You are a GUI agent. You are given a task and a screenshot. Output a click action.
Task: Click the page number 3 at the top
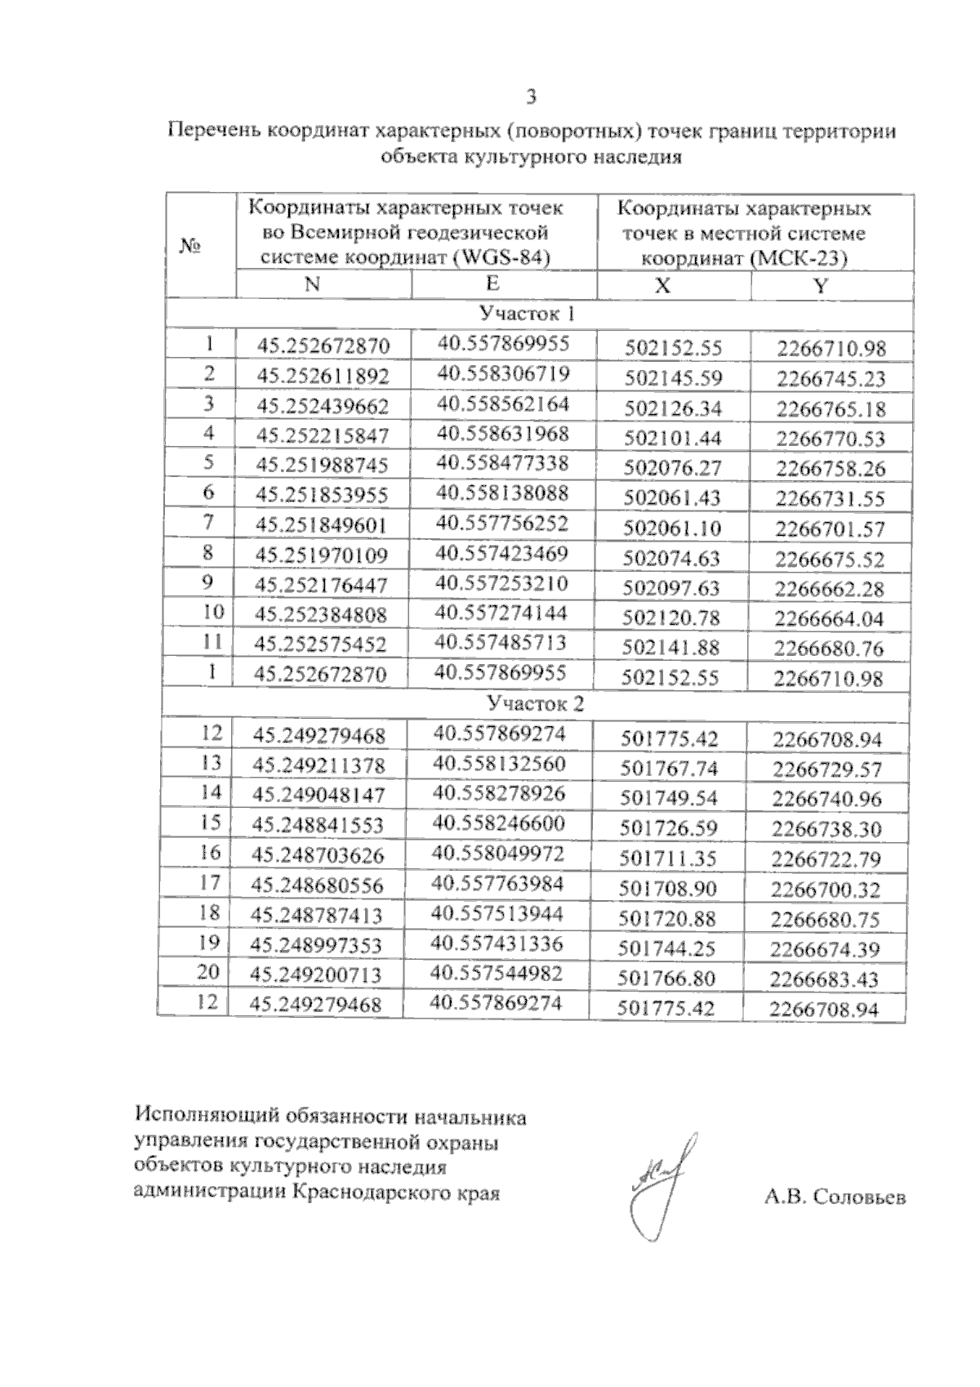tap(531, 98)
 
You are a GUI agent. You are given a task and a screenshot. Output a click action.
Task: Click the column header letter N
tap(313, 283)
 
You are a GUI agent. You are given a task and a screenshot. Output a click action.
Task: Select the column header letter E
tap(492, 283)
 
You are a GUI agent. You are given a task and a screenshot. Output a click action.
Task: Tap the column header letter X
tap(663, 285)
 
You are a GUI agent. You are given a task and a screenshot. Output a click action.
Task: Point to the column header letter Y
tap(820, 285)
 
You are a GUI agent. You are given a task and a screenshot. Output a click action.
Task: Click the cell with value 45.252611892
tap(323, 376)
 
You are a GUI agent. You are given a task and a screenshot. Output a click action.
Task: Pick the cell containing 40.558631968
tap(501, 434)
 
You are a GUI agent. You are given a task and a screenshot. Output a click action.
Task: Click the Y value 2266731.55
tap(831, 499)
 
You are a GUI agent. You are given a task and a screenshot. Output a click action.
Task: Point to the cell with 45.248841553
tap(318, 825)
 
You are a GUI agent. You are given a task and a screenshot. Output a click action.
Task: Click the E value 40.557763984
tap(498, 883)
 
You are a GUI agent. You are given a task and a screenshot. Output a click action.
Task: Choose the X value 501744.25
tap(668, 949)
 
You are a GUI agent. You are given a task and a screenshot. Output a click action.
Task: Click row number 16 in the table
tap(210, 852)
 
